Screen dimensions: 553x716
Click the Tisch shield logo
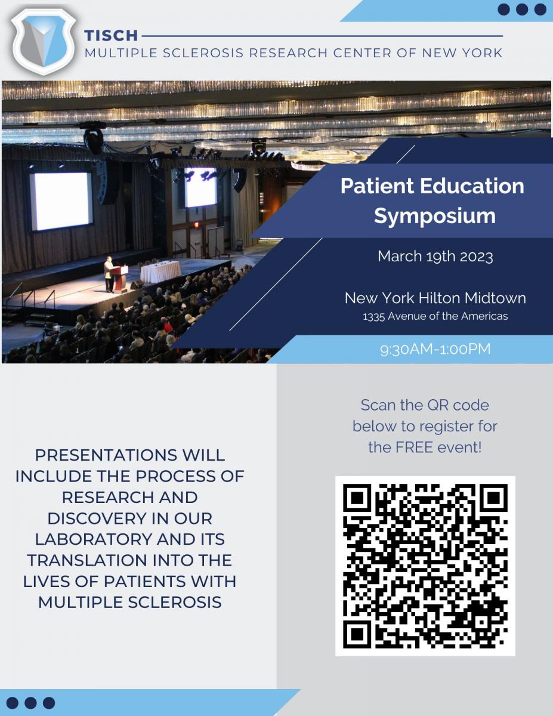pyautogui.click(x=43, y=42)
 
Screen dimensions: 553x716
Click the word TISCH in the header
pyautogui.click(x=111, y=36)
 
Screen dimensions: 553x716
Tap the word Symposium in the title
pyautogui.click(x=435, y=217)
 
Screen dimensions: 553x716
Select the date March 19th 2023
pyautogui.click(x=435, y=257)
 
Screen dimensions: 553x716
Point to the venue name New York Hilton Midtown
pyautogui.click(x=435, y=298)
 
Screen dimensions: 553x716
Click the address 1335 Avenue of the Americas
pyautogui.click(x=435, y=316)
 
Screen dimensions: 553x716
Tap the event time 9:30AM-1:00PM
pyautogui.click(x=435, y=349)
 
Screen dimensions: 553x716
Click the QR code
pyautogui.click(x=425, y=566)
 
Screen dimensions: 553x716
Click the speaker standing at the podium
pyautogui.click(x=109, y=274)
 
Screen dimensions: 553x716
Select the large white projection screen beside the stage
pyautogui.click(x=61, y=201)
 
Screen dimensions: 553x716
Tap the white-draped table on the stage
pyautogui.click(x=160, y=271)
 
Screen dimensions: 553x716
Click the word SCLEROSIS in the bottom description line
pyautogui.click(x=175, y=603)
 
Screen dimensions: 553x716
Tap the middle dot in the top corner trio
pyautogui.click(x=522, y=10)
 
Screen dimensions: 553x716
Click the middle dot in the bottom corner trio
pyautogui.click(x=30, y=703)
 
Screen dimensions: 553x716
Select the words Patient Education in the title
pyautogui.click(x=432, y=186)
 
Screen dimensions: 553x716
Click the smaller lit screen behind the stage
pyautogui.click(x=200, y=187)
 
